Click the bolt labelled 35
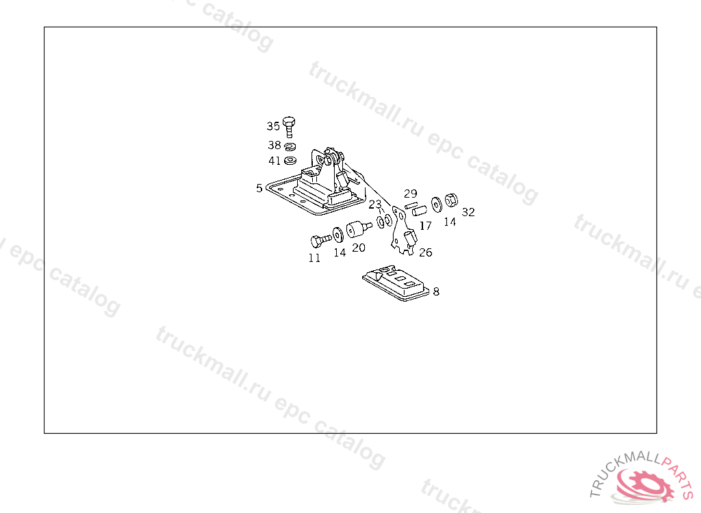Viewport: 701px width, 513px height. click(289, 126)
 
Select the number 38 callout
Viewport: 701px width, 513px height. click(274, 145)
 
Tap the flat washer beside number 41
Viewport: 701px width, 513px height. click(290, 161)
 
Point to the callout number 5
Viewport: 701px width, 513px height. click(259, 188)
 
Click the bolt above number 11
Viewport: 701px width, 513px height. click(318, 241)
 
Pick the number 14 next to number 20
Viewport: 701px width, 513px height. click(340, 252)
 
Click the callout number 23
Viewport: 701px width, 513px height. click(375, 205)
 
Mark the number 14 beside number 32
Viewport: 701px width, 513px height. click(450, 222)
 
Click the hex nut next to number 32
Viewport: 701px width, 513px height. click(450, 200)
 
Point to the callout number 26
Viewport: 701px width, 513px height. click(425, 252)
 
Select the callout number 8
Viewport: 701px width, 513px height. click(437, 291)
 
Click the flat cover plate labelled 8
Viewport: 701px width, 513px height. click(397, 282)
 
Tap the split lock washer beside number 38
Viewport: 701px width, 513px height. click(290, 146)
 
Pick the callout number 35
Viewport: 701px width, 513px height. click(273, 126)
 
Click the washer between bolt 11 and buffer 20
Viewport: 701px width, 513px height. click(337, 235)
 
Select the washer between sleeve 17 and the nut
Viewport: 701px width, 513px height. click(437, 205)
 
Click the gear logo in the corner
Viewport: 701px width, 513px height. click(643, 483)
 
